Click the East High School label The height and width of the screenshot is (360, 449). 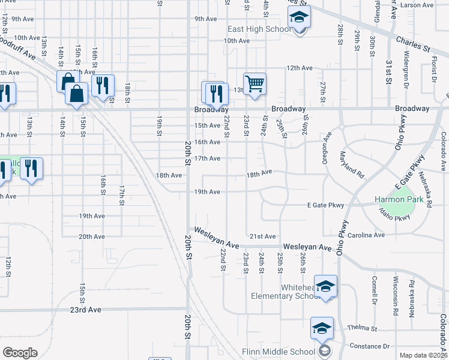click(259, 29)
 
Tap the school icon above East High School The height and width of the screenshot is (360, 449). click(299, 19)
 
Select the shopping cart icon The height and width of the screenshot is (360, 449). click(255, 84)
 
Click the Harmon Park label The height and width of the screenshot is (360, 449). click(399, 199)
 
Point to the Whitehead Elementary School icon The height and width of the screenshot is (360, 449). click(325, 287)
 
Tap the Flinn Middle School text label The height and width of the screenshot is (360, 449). click(278, 352)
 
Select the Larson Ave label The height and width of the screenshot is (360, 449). click(417, 5)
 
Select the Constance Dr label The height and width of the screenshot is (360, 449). click(369, 346)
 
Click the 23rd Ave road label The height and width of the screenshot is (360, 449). click(86, 310)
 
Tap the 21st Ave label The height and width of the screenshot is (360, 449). click(262, 236)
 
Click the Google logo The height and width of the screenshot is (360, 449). click(20, 353)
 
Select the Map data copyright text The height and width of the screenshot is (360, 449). click(423, 355)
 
